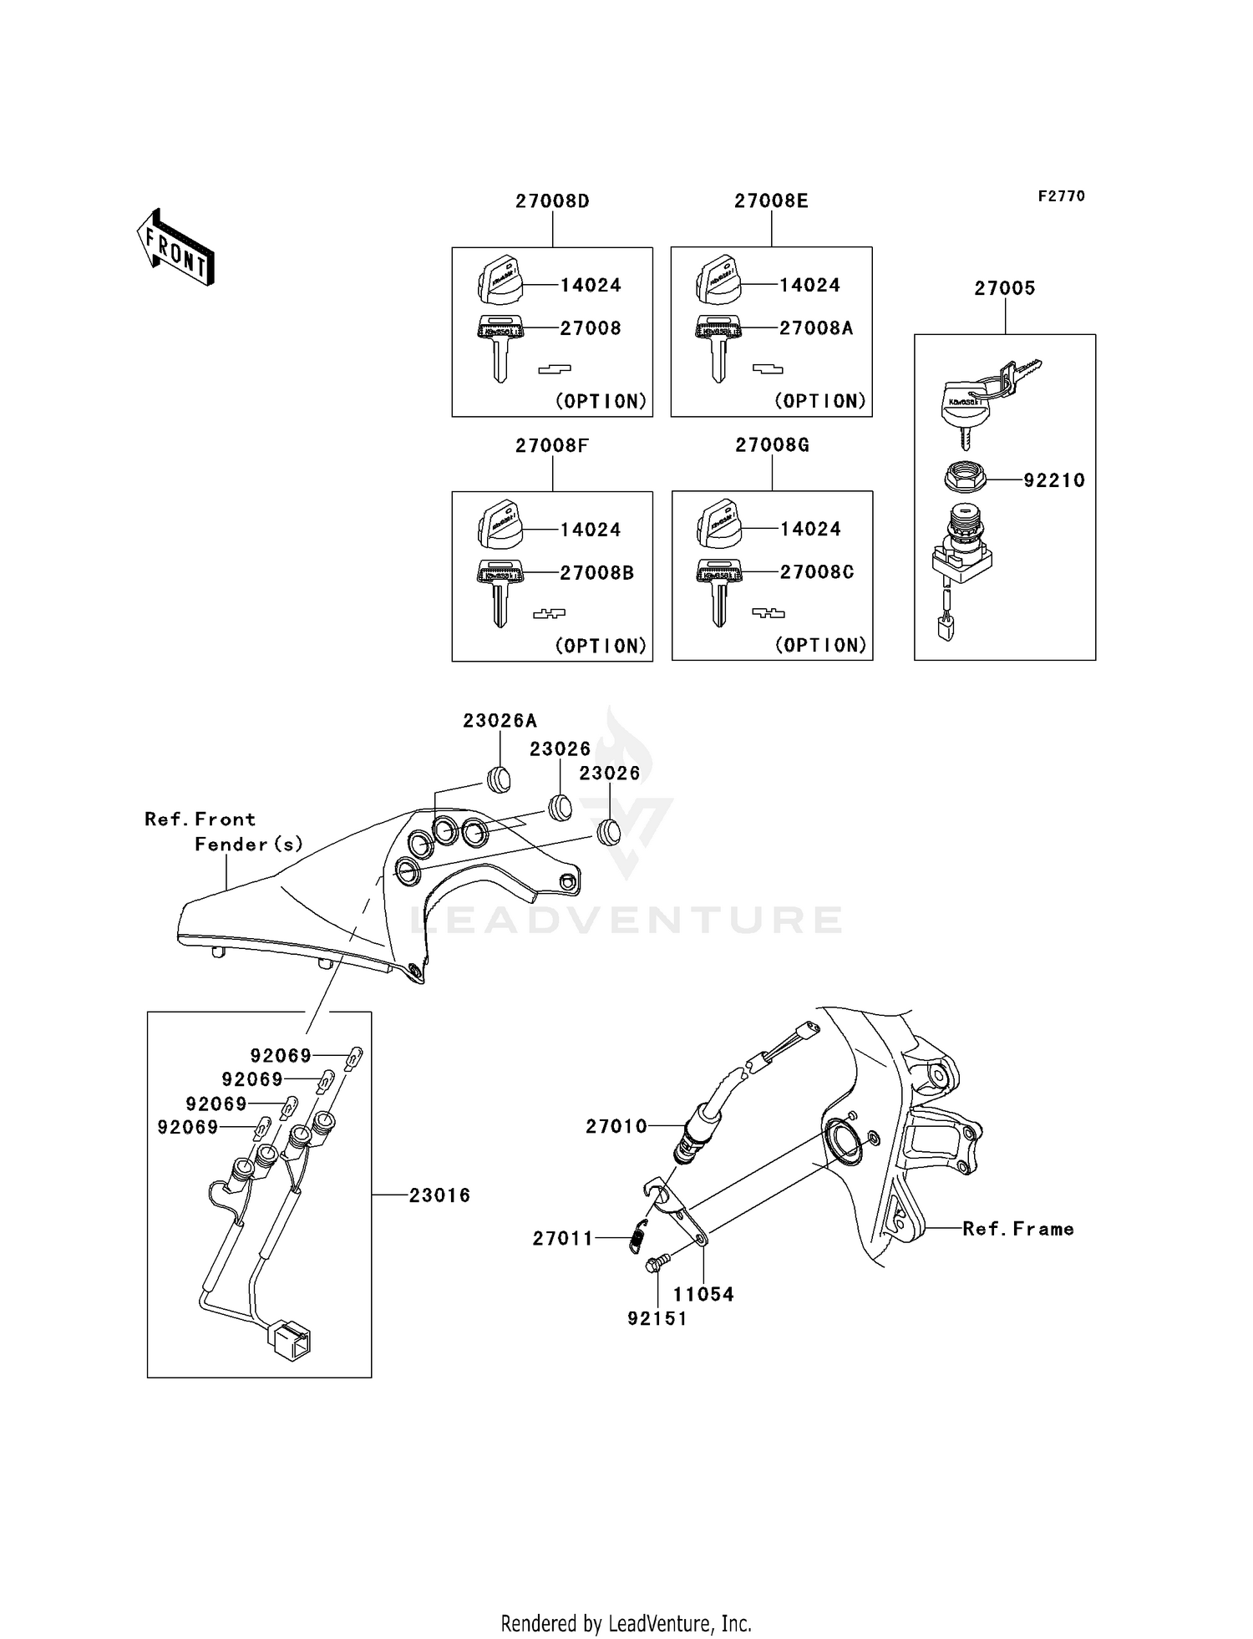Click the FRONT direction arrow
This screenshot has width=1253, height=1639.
(175, 249)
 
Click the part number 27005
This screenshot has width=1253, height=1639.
(1004, 288)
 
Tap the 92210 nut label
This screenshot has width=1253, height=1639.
(1054, 480)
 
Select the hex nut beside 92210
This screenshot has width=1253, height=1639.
(965, 478)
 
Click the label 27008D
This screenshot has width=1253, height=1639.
(552, 201)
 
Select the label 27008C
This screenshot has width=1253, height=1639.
(816, 572)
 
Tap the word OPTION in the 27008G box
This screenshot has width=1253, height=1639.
(821, 645)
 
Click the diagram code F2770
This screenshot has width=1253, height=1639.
(1061, 196)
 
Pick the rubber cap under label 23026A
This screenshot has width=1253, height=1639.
(499, 779)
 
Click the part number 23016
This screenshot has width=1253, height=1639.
(439, 1195)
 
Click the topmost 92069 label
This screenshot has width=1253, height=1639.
(281, 1056)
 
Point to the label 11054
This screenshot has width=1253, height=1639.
(703, 1294)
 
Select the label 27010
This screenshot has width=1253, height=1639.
(616, 1126)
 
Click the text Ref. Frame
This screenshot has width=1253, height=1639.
(1017, 1229)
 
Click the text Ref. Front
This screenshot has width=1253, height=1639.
(200, 819)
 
